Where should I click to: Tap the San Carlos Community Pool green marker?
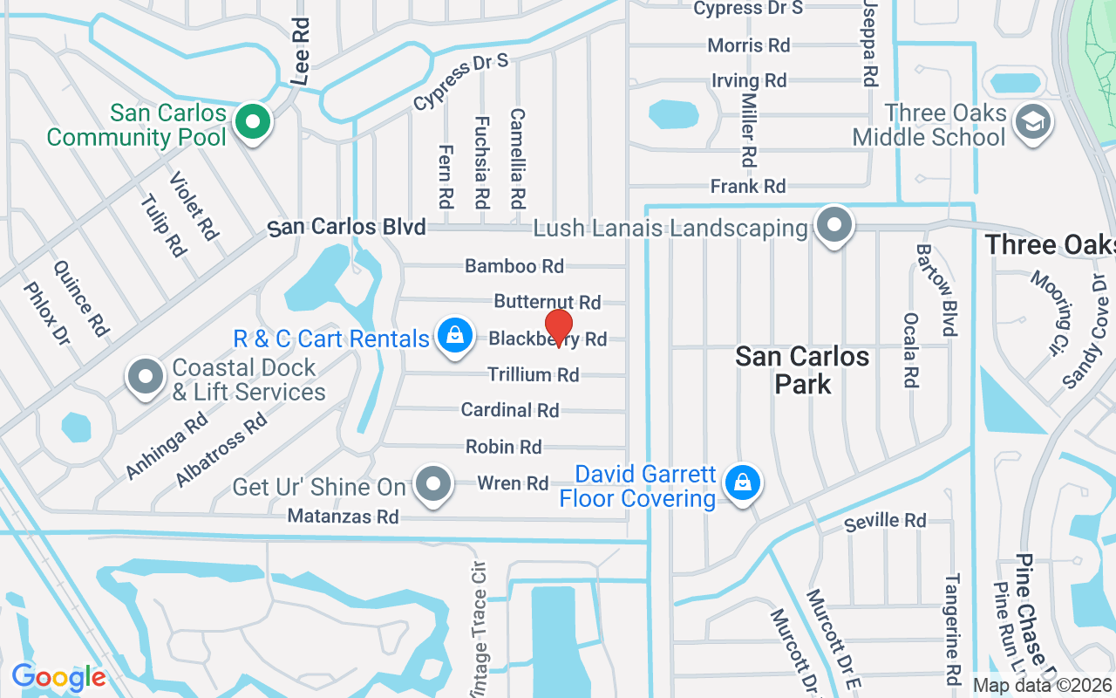coord(253,121)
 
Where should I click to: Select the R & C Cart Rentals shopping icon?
coord(454,336)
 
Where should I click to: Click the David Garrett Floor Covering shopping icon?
coord(743,482)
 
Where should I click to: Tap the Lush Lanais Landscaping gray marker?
coord(834,226)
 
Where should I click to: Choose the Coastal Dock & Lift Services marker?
coord(146,377)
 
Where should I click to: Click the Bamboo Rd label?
coord(514,266)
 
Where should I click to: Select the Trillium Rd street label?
coord(533,375)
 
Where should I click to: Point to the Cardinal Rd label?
coord(510,410)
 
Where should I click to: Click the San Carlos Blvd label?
coord(347,228)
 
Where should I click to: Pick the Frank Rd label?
coord(748,186)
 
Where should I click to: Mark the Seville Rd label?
coord(885,522)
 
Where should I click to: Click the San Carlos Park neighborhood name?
coord(802,369)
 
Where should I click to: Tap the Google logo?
coord(58,677)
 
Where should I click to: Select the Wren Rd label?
coord(513,483)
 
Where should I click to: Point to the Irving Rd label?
coord(749,80)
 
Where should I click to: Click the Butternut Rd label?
coord(548,302)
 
